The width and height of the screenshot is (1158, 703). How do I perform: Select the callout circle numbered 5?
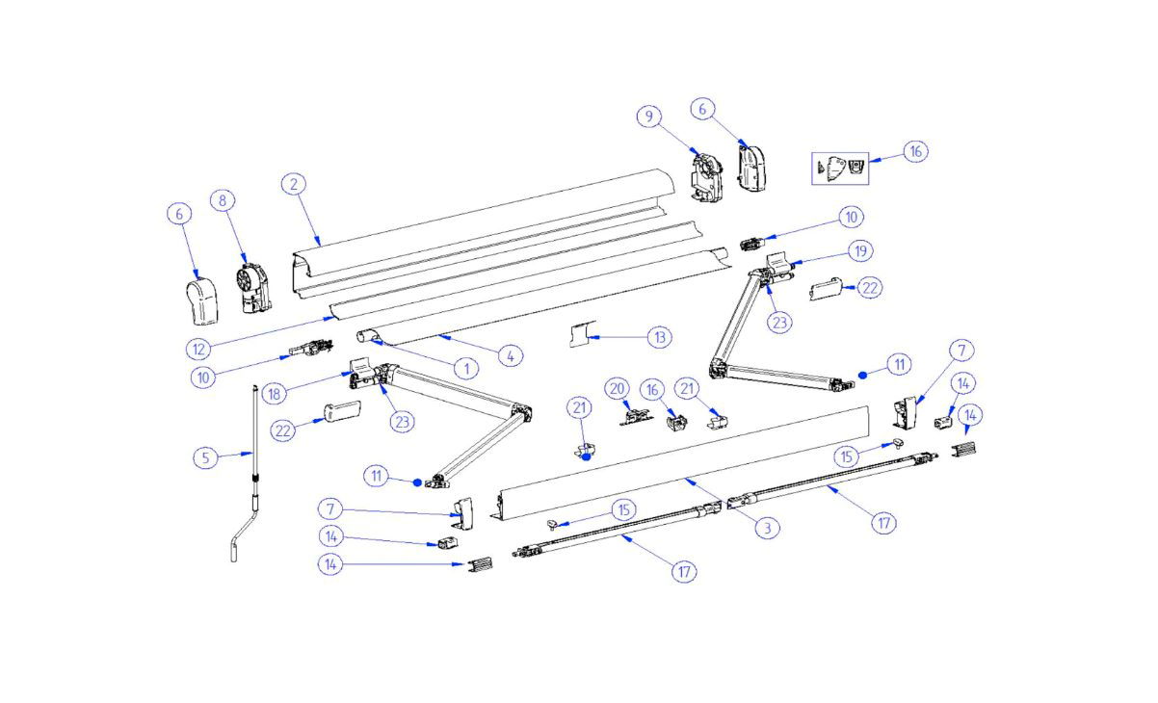pos(205,456)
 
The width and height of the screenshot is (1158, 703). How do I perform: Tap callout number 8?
pos(223,201)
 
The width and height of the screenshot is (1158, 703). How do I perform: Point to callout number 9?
pos(649,117)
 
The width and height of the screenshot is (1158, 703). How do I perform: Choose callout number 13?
pos(659,337)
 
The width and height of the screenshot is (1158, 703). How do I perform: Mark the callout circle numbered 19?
pos(860,250)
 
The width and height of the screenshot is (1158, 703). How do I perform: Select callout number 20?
pos(617,388)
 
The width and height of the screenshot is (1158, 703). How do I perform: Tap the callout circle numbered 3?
pos(766,528)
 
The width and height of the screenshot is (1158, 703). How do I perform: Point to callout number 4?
pos(511,355)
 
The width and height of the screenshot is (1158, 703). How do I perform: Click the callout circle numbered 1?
pos(465,368)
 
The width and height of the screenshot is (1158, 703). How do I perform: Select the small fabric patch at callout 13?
pos(580,337)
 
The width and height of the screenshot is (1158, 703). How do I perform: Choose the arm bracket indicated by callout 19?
pos(780,263)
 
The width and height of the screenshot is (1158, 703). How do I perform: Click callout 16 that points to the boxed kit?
pos(916,151)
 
